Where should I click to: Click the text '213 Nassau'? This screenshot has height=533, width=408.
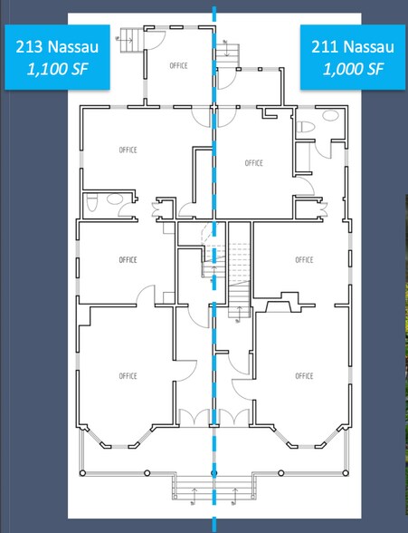point(57,46)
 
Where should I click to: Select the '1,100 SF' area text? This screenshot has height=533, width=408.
point(57,69)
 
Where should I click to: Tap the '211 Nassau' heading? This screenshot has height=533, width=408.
point(353,46)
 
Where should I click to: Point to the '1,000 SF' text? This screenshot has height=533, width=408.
point(353,69)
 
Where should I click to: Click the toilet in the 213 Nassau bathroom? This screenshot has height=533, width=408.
point(91,202)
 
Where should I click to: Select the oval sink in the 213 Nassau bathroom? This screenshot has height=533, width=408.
point(115,199)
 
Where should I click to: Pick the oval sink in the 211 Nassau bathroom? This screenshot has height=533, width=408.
point(330,115)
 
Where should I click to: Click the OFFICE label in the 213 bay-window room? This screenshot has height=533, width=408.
point(128,376)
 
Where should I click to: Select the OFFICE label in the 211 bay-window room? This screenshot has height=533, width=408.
point(304,376)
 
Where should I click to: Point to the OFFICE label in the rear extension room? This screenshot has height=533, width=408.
point(178,65)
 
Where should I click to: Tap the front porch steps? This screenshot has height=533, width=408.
point(213,488)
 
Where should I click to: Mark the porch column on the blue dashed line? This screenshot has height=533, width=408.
point(214,473)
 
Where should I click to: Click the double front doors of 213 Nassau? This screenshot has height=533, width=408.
point(194,417)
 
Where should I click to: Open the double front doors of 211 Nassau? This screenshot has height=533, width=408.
point(234,417)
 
